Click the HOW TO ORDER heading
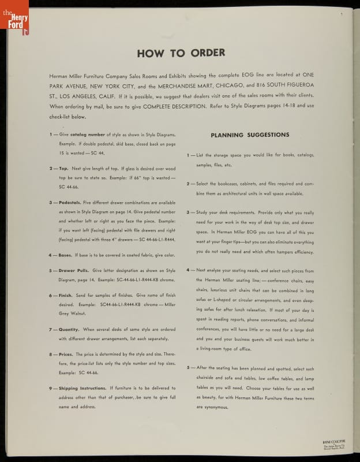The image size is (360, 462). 181,53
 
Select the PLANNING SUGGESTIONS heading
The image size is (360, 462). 250,135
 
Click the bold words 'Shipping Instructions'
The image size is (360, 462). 83,389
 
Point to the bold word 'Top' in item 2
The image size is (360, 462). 63,168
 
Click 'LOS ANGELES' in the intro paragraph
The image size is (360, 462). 85,96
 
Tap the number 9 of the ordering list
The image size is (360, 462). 51,389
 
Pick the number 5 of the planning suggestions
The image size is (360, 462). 188,368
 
